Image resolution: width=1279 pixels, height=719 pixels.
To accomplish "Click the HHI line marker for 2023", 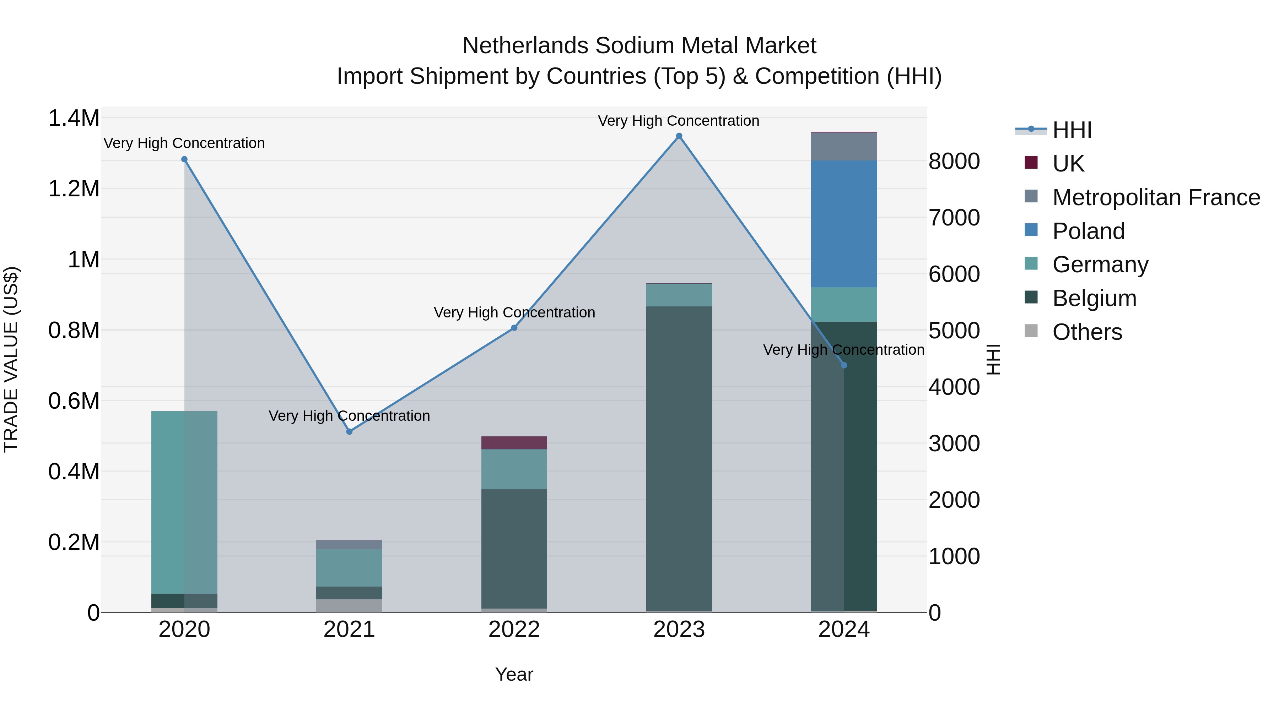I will point(679,136).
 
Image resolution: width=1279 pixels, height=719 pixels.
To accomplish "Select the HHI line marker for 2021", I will point(349,432).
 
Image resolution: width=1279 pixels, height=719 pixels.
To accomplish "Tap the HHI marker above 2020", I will point(184,159).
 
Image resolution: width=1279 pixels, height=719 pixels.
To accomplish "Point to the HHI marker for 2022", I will point(514,328).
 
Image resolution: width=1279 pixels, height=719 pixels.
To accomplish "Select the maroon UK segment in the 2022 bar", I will point(514,443).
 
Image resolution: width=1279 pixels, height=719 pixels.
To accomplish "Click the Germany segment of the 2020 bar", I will point(184,501).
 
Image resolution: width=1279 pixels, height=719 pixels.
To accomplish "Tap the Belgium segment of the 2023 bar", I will point(679,457).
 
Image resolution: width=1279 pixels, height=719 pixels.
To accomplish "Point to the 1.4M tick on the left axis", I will point(74,119).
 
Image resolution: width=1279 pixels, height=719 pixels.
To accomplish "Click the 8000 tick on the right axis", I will point(954,161).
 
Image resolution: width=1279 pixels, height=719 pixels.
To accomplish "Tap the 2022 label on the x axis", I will point(514,630).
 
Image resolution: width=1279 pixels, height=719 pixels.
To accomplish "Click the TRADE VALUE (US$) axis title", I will point(11,359).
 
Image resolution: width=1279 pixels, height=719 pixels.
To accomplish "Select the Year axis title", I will point(514,674).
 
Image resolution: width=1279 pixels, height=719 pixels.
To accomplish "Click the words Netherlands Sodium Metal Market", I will point(639,46).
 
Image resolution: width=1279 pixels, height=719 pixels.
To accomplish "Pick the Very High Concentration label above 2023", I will point(678,121).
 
